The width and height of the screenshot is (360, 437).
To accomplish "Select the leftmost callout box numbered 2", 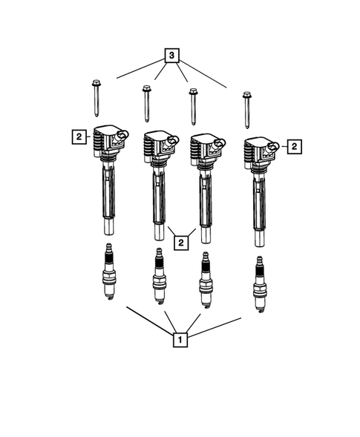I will [x=77, y=136].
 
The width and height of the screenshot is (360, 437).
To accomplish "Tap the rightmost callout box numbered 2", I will [x=293, y=146].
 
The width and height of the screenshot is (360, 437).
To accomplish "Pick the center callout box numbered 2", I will [x=180, y=241].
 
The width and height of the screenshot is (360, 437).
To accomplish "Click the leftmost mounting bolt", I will [x=96, y=97].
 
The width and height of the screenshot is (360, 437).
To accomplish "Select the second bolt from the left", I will [x=146, y=104].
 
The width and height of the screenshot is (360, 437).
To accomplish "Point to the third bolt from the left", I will [x=193, y=106].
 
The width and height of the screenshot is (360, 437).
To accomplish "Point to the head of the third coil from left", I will [x=206, y=146].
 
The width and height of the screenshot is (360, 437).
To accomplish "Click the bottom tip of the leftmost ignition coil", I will [x=108, y=226].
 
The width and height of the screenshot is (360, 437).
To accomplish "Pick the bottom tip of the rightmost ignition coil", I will [x=258, y=240].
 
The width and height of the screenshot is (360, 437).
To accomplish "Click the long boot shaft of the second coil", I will [x=159, y=197].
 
